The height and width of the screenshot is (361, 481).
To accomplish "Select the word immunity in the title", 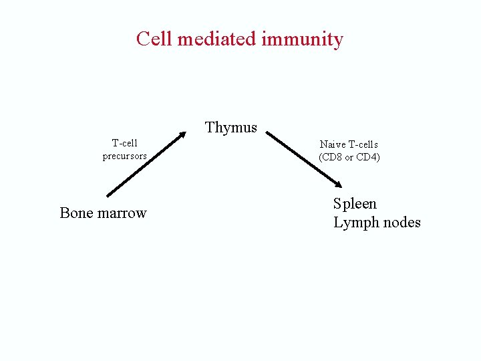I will coord(303,39).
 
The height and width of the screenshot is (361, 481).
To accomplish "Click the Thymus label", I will coord(231,127).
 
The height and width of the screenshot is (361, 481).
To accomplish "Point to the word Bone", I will coord(75,213).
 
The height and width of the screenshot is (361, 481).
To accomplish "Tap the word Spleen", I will coord(355,203).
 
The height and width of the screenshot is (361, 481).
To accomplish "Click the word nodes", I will coord(401,223).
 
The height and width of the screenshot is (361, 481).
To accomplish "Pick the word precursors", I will coord(125,156).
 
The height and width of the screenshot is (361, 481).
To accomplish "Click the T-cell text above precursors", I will coord(125,143).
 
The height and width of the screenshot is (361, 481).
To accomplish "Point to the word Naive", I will coord(332,144).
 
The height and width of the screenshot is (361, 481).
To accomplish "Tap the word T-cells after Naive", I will coord(363,144).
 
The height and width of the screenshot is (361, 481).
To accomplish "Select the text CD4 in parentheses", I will coord(368,157).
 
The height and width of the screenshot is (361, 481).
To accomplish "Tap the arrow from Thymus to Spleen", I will coord(304,160).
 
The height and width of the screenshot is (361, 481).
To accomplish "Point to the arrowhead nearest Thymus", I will coord(182,135).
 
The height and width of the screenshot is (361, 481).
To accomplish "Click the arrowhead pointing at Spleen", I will coord(338,185).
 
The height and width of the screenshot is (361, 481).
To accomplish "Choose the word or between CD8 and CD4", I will coord(349,158).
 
